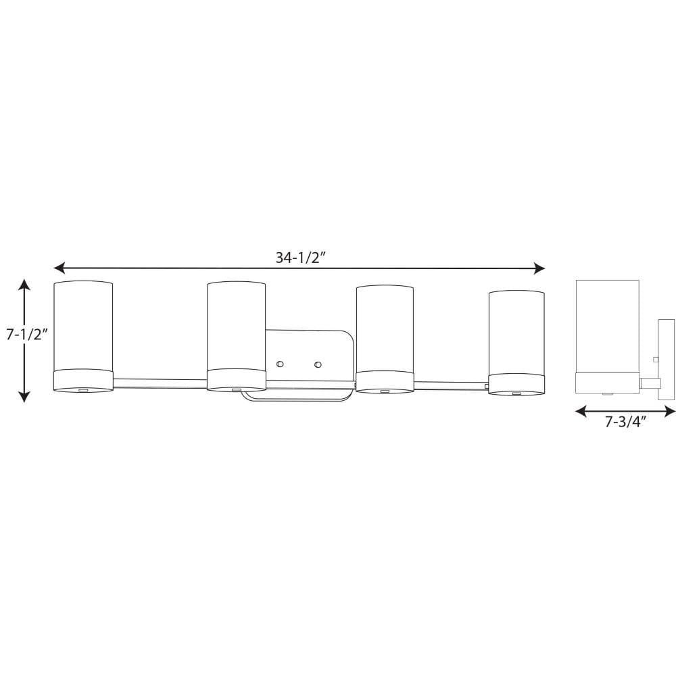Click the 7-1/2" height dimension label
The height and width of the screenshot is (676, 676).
pyautogui.click(x=26, y=334)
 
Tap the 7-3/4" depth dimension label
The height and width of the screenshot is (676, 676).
pyautogui.click(x=625, y=422)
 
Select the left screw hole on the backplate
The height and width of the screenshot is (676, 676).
pyautogui.click(x=280, y=364)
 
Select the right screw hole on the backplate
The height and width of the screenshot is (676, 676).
pyautogui.click(x=318, y=364)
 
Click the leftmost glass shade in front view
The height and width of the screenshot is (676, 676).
pyautogui.click(x=83, y=326)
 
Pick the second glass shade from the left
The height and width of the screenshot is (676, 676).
pyautogui.click(x=236, y=326)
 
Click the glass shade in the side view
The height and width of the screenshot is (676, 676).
pyautogui.click(x=608, y=326)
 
